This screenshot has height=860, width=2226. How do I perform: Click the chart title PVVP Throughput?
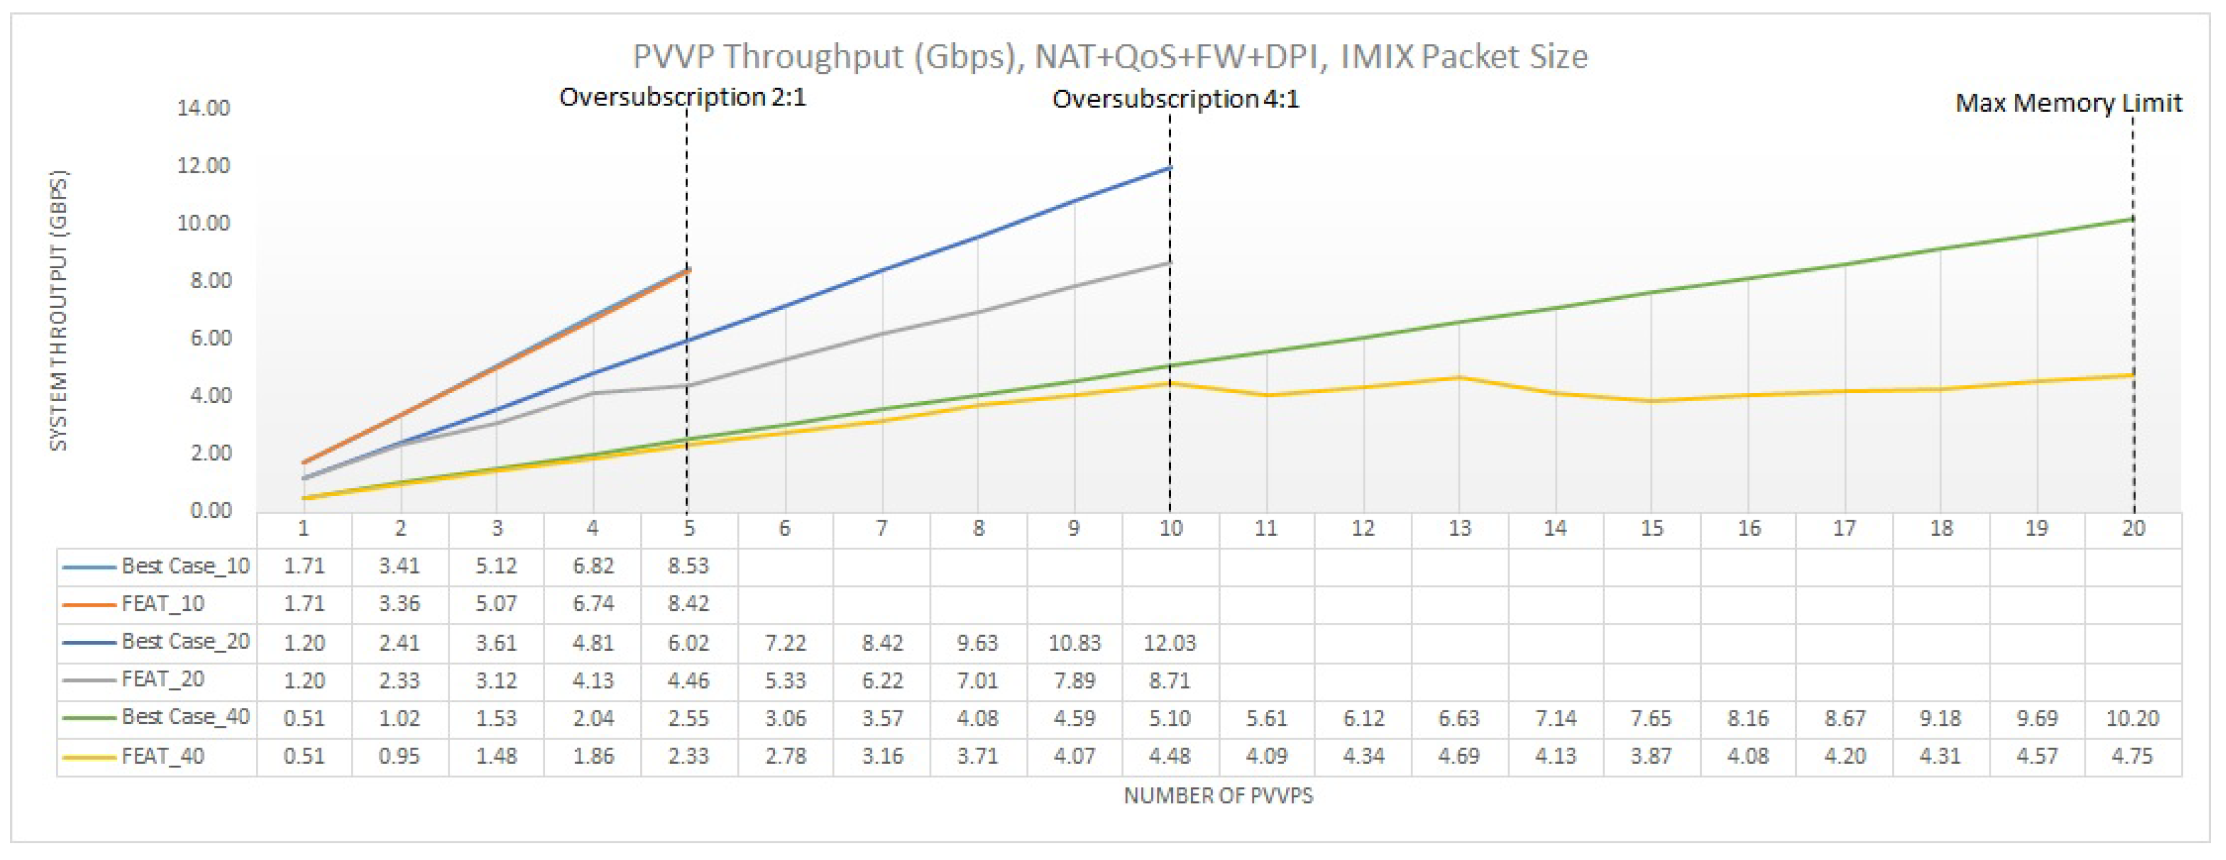1110,57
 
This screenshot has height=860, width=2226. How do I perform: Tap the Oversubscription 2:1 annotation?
682,97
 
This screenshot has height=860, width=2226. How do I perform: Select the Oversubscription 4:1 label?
1175,99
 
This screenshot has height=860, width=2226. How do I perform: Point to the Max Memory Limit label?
2068,103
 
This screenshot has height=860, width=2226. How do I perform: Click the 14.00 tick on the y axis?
204,108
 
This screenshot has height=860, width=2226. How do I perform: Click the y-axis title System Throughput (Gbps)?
58,309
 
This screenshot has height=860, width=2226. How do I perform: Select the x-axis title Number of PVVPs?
1218,795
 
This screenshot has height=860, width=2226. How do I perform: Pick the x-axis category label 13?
1459,528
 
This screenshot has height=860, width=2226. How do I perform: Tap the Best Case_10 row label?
185,566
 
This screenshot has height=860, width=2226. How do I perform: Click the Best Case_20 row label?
185,641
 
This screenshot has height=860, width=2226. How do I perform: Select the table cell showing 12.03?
1169,643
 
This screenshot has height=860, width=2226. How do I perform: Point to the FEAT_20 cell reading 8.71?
1169,680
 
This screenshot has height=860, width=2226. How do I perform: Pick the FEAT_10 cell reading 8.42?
688,604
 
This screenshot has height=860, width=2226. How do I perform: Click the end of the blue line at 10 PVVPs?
1169,168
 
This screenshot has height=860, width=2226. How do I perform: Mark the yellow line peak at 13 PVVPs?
1459,377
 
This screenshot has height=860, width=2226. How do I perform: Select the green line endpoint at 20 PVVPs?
2132,219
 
